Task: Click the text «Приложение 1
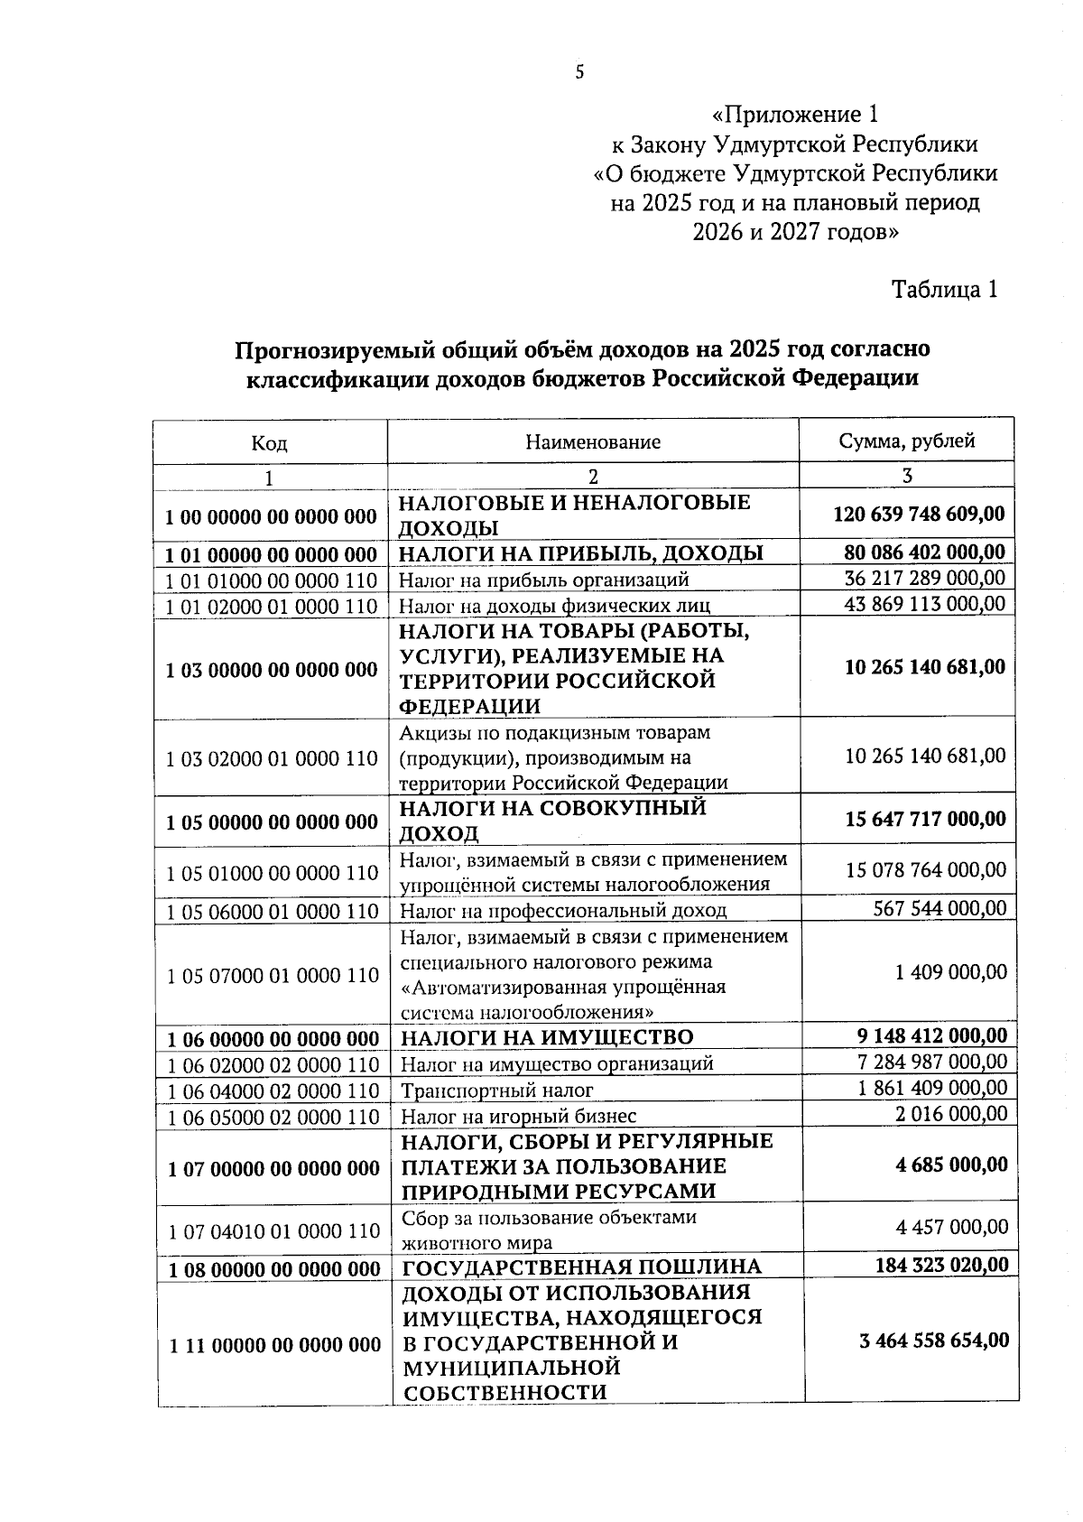click(x=793, y=115)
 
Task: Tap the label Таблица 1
click(x=944, y=290)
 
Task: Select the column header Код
click(x=269, y=443)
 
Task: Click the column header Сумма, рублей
click(x=906, y=441)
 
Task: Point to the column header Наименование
click(x=593, y=442)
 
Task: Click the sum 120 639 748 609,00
click(x=918, y=515)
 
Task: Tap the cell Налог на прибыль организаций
click(x=544, y=580)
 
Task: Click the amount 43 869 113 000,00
click(x=924, y=603)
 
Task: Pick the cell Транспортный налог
click(x=497, y=1090)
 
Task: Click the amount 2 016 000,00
click(x=951, y=1114)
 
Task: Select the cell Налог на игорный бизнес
click(x=518, y=1117)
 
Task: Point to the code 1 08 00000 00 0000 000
click(x=274, y=1269)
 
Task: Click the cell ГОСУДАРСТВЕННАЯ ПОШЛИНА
click(x=581, y=1267)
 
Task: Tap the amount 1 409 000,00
click(x=950, y=972)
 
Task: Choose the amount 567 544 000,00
click(x=939, y=908)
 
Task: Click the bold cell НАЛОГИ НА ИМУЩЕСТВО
click(x=547, y=1037)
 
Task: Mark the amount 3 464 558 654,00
click(x=934, y=1341)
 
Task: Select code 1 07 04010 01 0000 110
click(x=274, y=1230)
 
